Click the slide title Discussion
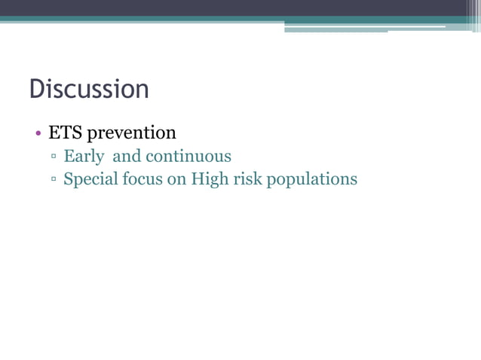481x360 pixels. coord(89,90)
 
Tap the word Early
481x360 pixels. coord(84,157)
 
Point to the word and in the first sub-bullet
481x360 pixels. coord(127,157)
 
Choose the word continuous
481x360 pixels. coord(188,157)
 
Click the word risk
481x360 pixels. coord(247,180)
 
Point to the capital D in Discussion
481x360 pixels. coord(36,90)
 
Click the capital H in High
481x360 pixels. coord(198,179)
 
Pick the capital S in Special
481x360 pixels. coord(69,179)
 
